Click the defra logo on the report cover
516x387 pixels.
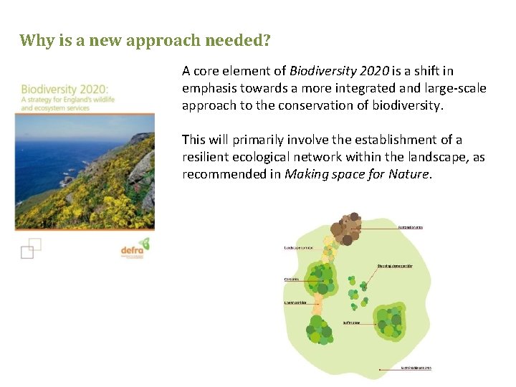(x=133, y=249)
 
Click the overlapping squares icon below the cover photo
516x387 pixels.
(x=30, y=248)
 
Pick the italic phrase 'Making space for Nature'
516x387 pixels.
(x=358, y=174)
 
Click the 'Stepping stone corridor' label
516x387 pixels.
(x=404, y=265)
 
